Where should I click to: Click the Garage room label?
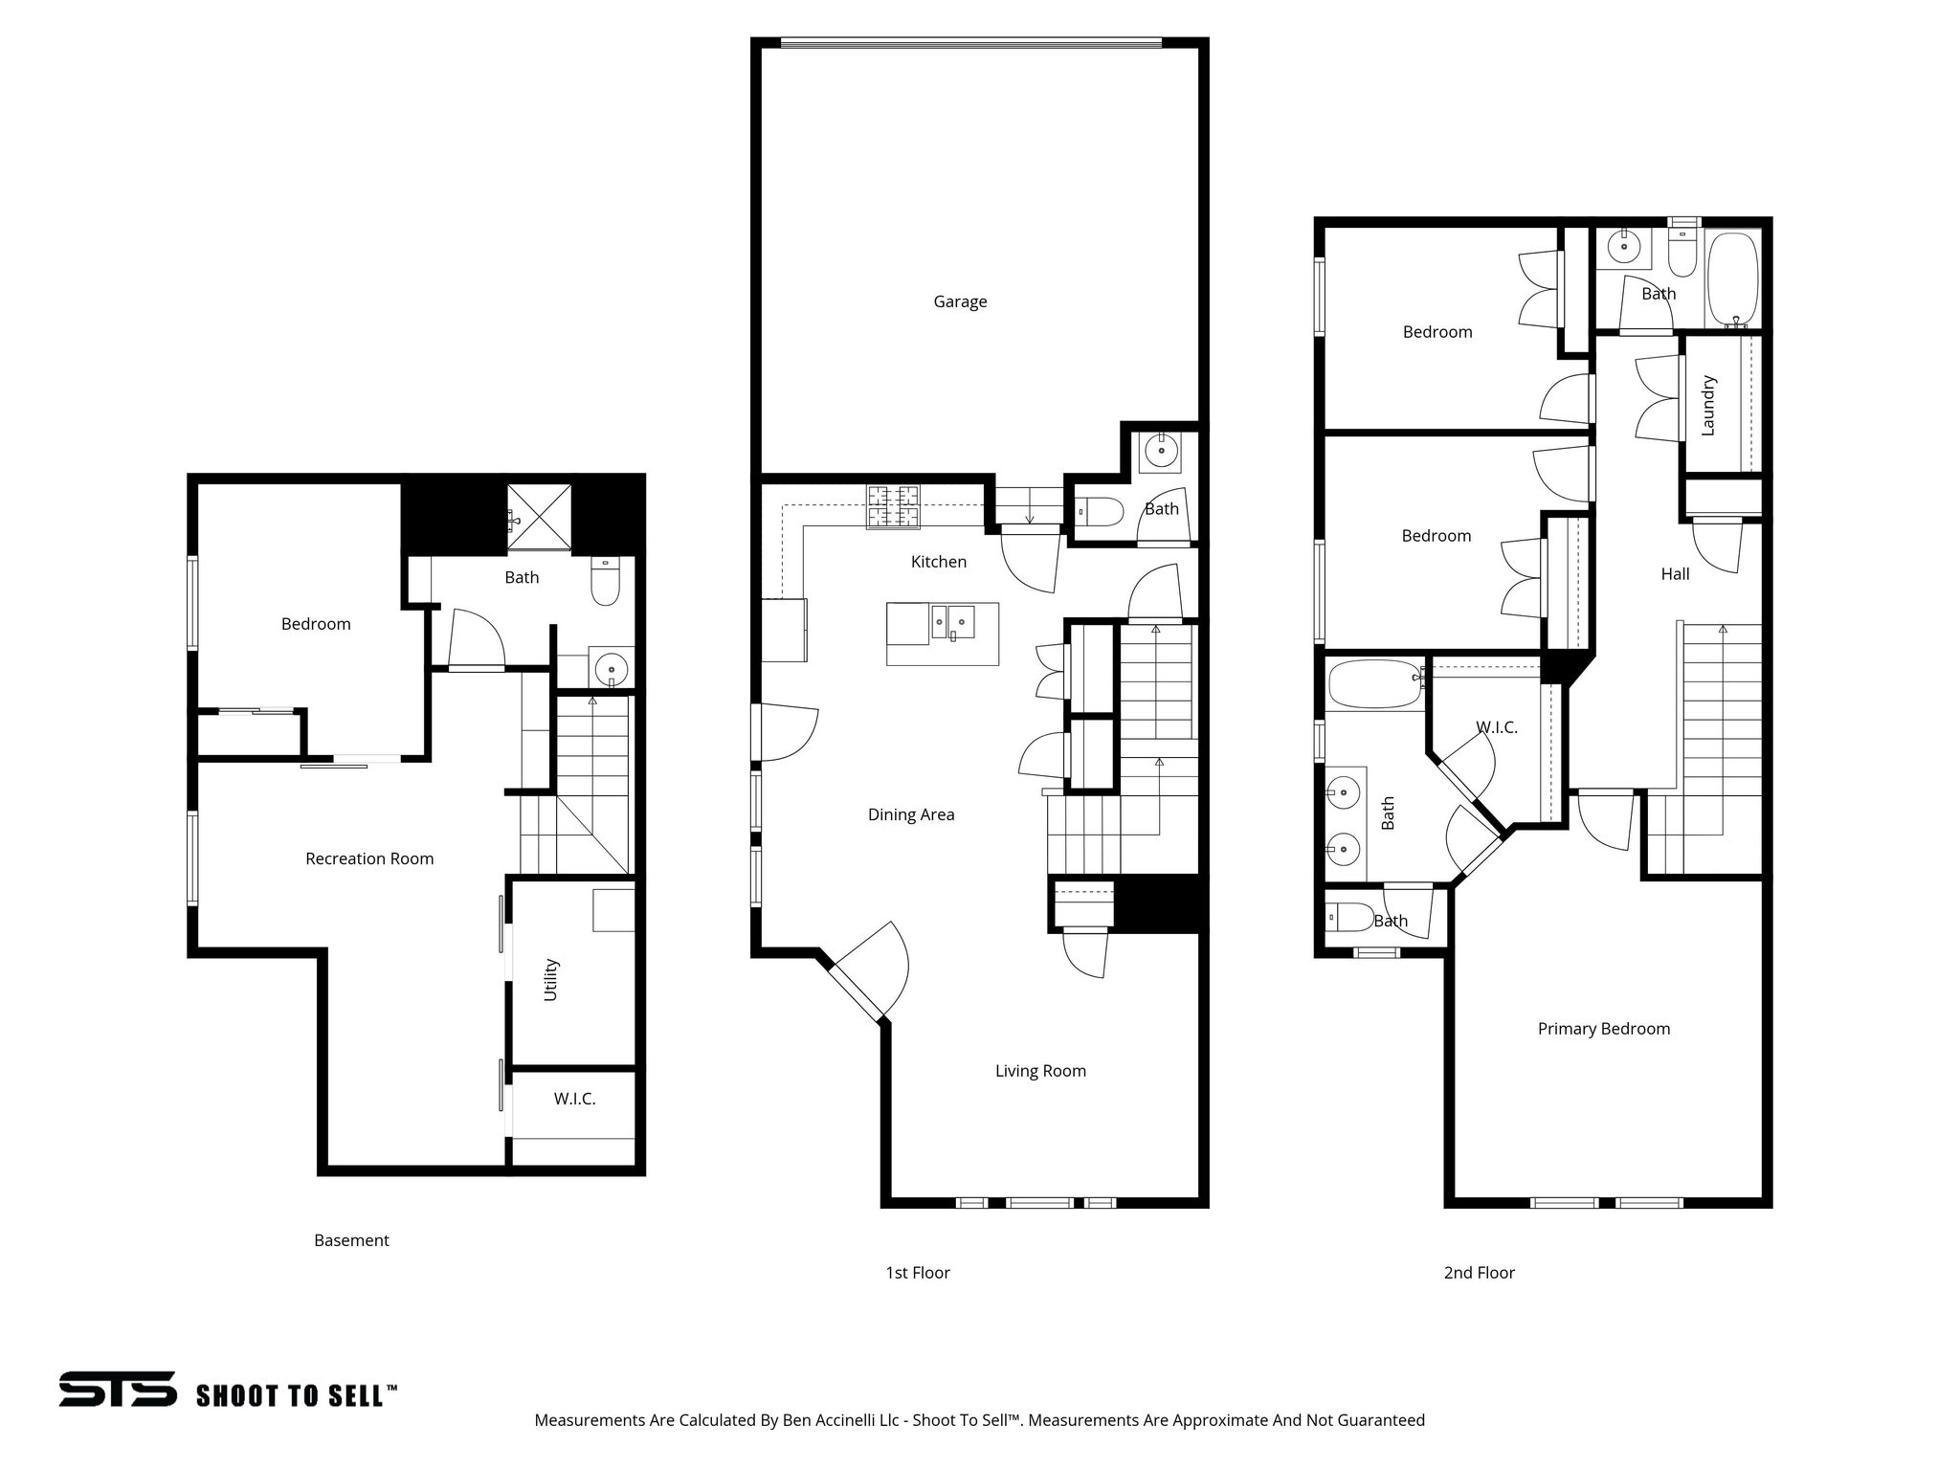click(960, 301)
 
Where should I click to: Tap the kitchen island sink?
click(953, 621)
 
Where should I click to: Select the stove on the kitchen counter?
click(893, 507)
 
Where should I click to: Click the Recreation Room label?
click(369, 858)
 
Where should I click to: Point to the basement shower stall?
click(539, 517)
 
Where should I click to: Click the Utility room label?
click(551, 980)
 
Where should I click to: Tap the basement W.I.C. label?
click(574, 1099)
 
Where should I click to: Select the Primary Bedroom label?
click(1604, 1029)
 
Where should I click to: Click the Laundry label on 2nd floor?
click(1708, 405)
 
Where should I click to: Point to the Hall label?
click(1675, 573)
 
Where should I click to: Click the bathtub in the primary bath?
click(1375, 683)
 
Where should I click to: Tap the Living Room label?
click(1040, 1071)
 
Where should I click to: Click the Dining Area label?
click(911, 814)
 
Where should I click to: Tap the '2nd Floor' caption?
click(1479, 1272)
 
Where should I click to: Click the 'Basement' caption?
click(351, 1240)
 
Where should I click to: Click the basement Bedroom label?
click(316, 624)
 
